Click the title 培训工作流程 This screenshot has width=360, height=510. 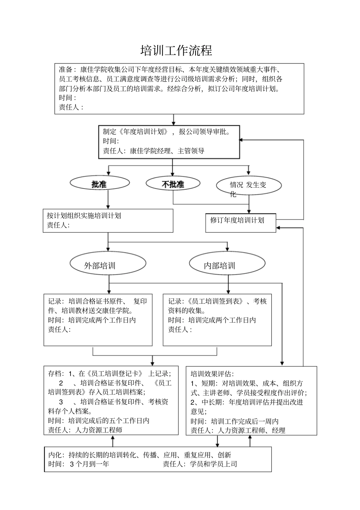tap(177, 50)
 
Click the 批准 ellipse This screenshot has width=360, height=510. tap(100, 184)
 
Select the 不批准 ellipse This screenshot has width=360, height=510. tap(173, 184)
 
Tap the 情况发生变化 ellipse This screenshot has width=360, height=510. tap(249, 186)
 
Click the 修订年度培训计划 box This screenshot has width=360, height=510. tap(240, 223)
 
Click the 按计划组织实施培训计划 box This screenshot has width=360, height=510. tap(108, 220)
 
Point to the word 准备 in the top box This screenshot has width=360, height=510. tap(65, 70)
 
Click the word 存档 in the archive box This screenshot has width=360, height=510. tap(54, 373)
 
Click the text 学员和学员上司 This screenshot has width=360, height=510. tap(213, 464)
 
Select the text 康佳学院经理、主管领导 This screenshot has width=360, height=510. tap(167, 151)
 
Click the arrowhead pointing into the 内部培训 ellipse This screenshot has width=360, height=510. tap(227, 249)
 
